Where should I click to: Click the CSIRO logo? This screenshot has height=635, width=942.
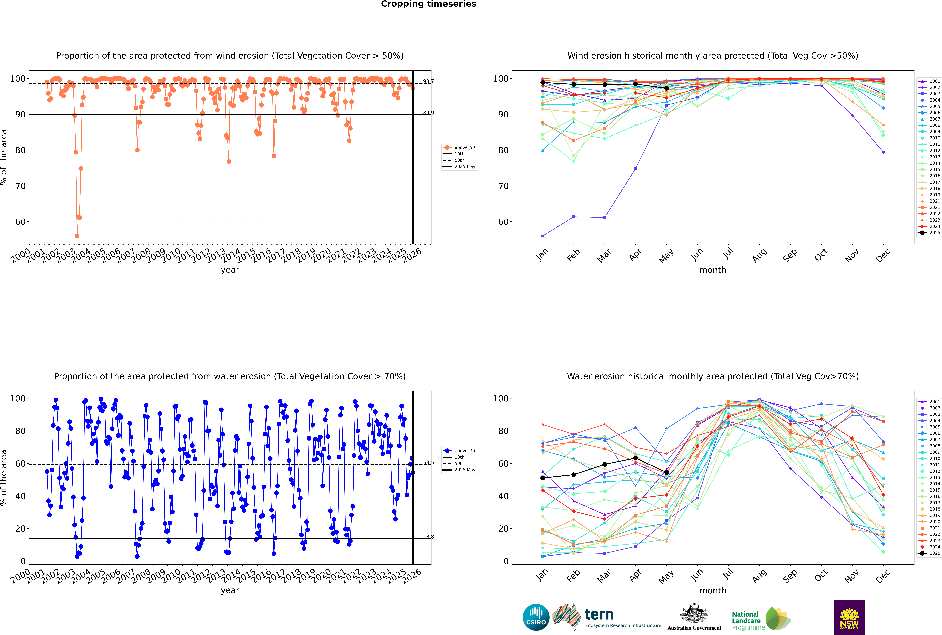point(536,617)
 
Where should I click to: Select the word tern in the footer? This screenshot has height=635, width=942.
point(599,615)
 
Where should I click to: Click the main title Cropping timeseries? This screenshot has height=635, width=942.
point(428,4)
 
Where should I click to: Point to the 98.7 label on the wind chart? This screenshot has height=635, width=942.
point(428,81)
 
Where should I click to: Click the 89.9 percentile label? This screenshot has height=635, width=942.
point(428,113)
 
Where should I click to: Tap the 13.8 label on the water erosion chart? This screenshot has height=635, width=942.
point(428,537)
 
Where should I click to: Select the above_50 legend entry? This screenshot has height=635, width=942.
point(464,147)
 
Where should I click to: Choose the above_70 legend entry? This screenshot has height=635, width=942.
point(464,451)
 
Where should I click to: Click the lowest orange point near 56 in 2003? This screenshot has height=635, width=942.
point(77,236)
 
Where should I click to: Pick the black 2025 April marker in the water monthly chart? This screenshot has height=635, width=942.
point(635,458)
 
